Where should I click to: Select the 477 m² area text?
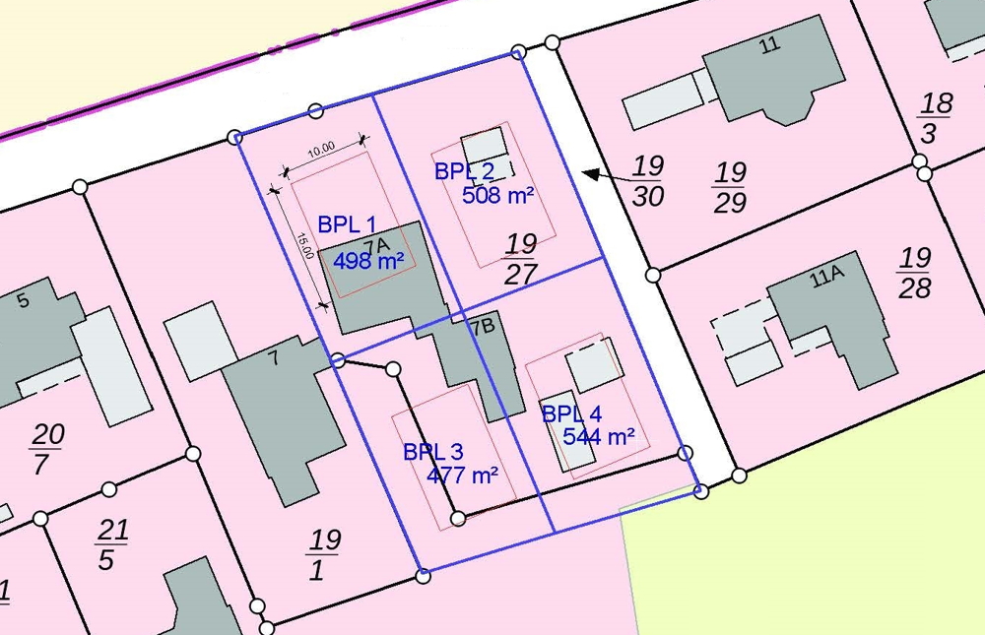pyautogui.click(x=462, y=476)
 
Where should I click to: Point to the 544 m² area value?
pyautogui.click(x=598, y=436)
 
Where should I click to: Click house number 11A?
pyautogui.click(x=827, y=279)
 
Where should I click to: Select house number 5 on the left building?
pyautogui.click(x=24, y=300)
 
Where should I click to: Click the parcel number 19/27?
pyautogui.click(x=520, y=258)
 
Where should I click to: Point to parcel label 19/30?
pyautogui.click(x=647, y=181)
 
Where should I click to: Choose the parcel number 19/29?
pyautogui.click(x=730, y=188)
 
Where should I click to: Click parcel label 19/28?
pyautogui.click(x=914, y=273)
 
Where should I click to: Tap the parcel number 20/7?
pyautogui.click(x=45, y=448)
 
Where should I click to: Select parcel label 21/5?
pyautogui.click(x=111, y=544)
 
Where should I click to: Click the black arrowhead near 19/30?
pyautogui.click(x=590, y=173)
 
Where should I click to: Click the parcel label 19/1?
pyautogui.click(x=323, y=554)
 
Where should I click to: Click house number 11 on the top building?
pyautogui.click(x=769, y=44)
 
